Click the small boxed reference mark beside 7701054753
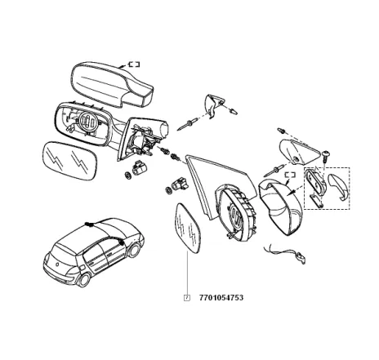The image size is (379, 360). [x=187, y=298]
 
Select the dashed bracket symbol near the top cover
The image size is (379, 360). [x=132, y=63]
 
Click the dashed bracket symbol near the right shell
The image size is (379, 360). [x=288, y=174]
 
